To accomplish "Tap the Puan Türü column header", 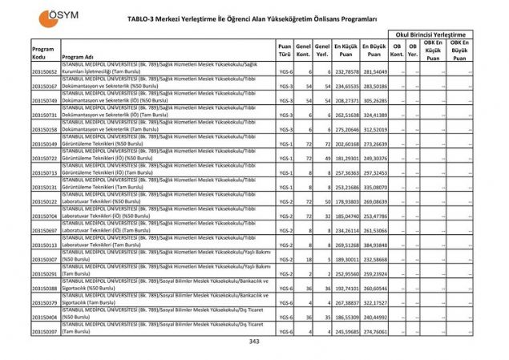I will point(284,52).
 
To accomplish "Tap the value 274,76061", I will point(374,330).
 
